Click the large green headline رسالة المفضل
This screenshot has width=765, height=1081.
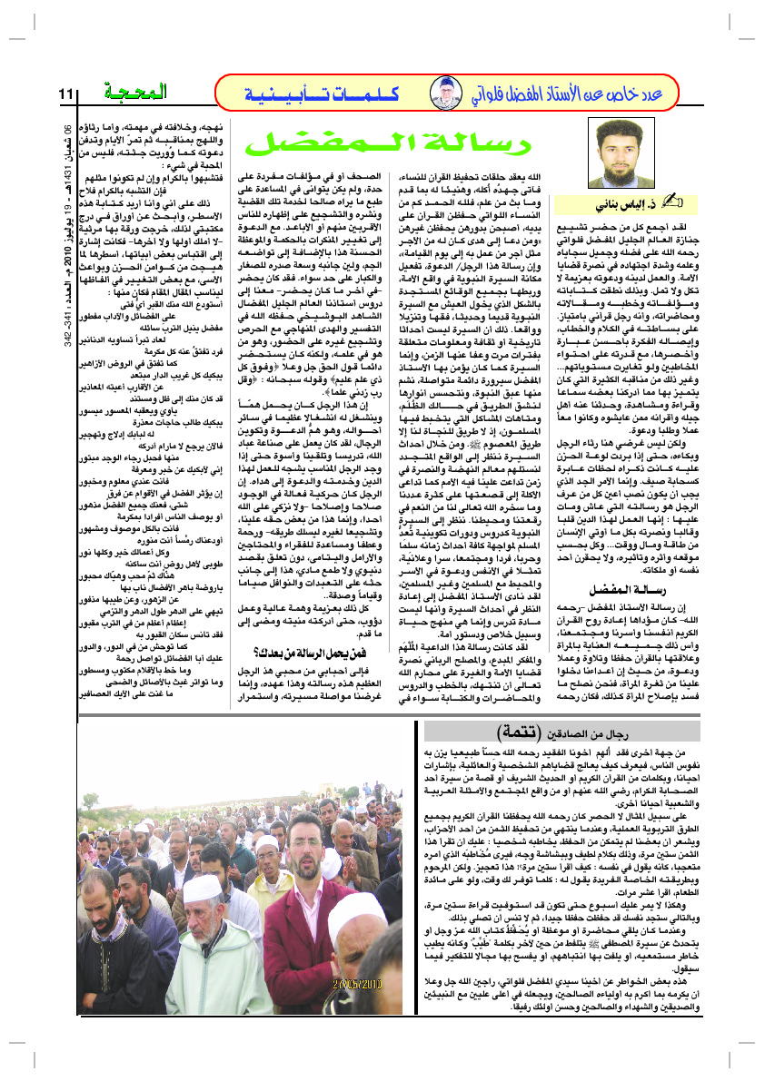coord(376,140)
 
